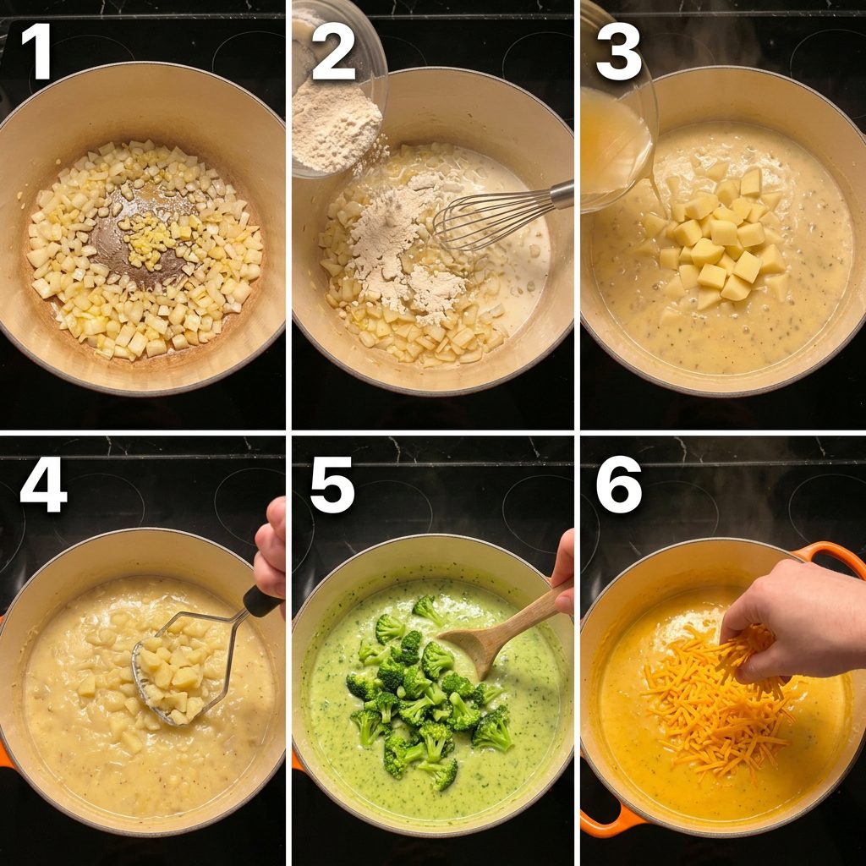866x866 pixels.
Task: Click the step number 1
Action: [x=37, y=52]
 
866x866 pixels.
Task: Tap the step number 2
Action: [x=333, y=52]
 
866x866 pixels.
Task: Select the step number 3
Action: [x=618, y=52]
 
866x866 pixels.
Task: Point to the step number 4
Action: [x=43, y=485]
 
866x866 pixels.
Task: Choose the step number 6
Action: [x=618, y=485]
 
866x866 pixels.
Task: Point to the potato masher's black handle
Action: [x=262, y=602]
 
